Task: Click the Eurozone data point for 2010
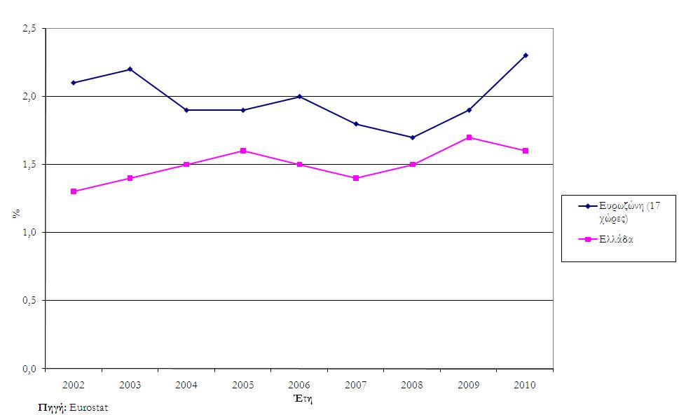526,55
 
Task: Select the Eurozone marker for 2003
130,69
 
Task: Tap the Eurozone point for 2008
413,137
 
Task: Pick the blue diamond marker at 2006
299,97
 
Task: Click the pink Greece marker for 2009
469,137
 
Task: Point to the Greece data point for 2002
74,191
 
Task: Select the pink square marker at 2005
243,151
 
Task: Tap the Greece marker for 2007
356,178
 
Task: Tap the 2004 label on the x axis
186,385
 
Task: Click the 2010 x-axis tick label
526,385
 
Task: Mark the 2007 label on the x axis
356,385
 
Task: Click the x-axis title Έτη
302,398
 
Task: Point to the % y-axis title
15,212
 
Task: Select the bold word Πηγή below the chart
51,407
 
